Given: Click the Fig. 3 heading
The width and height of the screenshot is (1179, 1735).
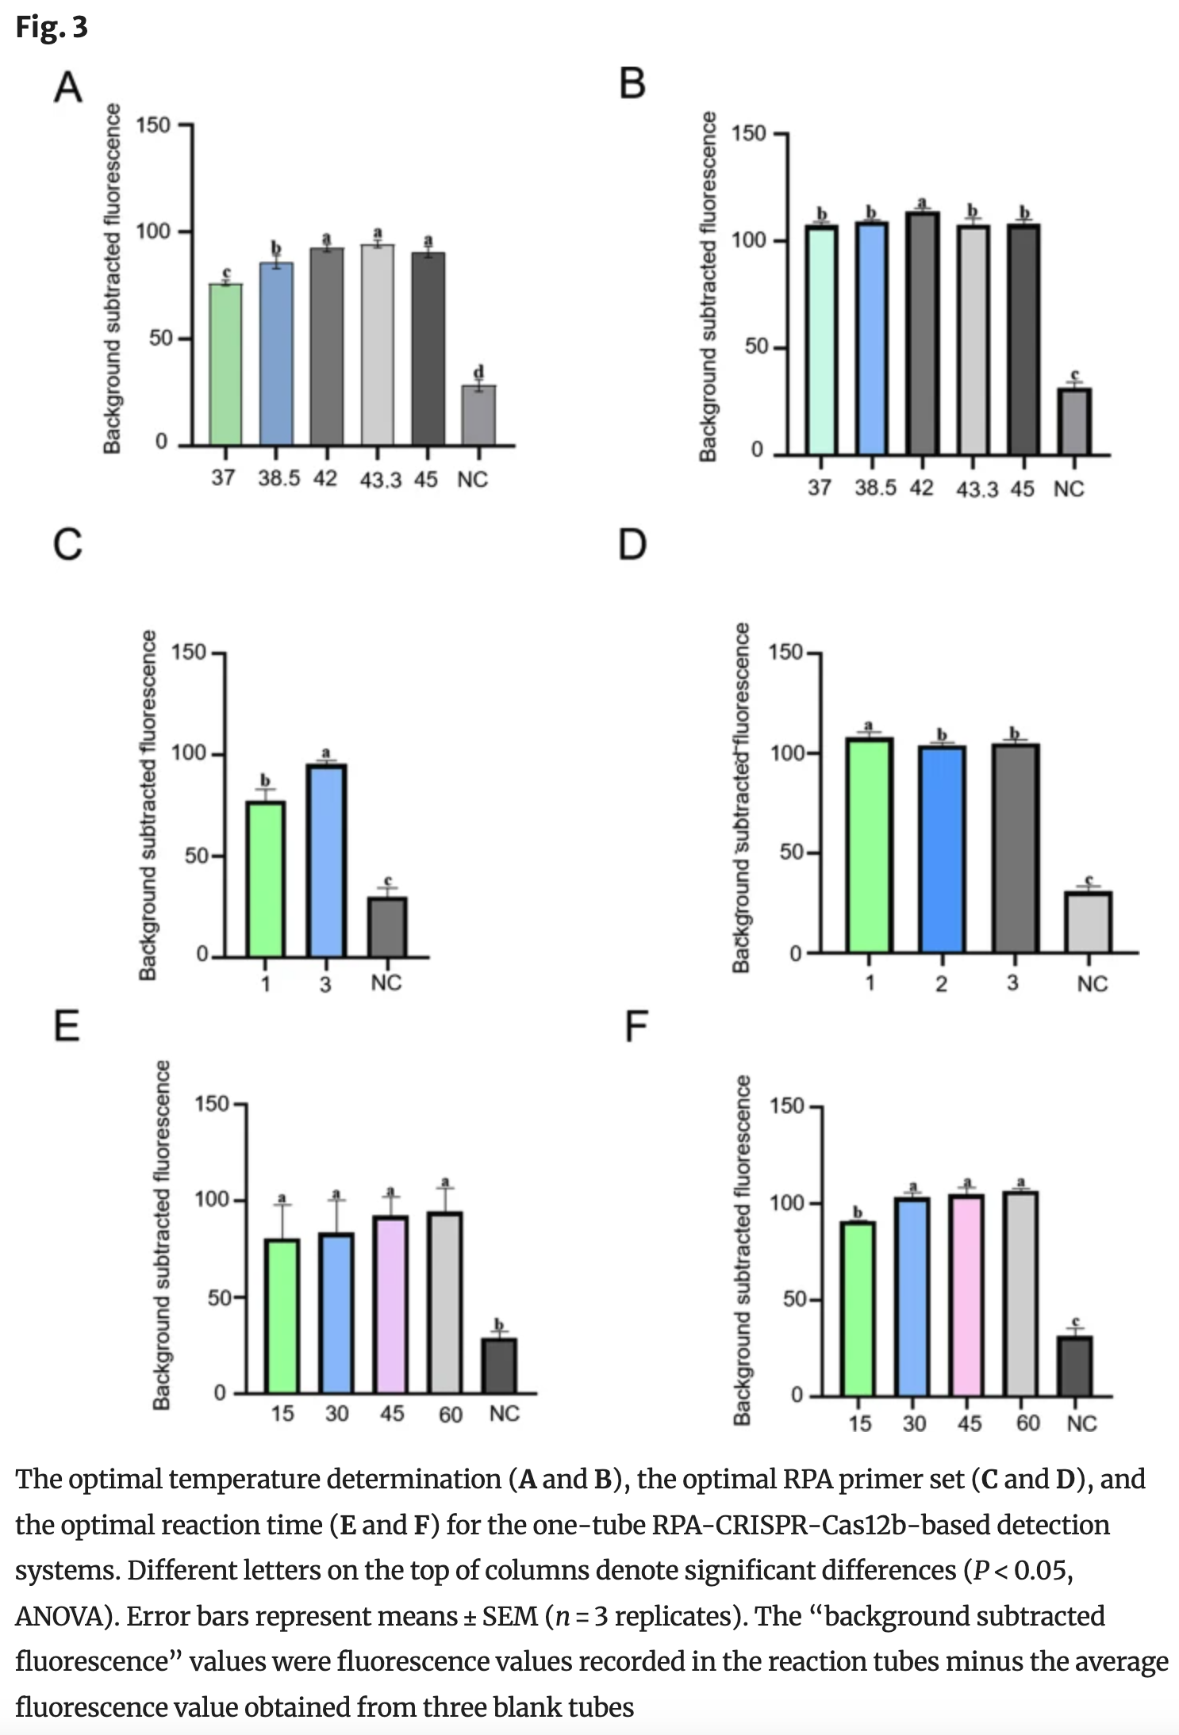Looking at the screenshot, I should point(52,27).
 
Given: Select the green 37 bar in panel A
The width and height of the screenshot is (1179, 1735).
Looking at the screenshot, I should point(226,365).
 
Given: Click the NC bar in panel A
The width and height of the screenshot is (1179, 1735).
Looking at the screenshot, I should point(479,416).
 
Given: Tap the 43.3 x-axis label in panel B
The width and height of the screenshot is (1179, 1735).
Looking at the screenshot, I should point(977,489).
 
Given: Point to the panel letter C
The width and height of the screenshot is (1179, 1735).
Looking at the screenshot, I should point(67,546).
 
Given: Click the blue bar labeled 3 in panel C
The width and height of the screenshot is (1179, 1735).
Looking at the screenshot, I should point(326,860).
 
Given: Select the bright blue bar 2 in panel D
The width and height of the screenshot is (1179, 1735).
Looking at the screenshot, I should point(942,848).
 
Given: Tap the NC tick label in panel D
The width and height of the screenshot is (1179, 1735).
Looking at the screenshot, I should point(1092,984).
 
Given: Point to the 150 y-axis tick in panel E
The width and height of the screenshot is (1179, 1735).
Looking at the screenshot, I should point(211,1104).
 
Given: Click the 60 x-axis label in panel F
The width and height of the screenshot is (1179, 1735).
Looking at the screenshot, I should point(1027,1423).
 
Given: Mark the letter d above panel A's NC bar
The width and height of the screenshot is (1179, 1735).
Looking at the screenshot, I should point(478,372).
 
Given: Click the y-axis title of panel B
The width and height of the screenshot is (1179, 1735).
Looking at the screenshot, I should point(708,286).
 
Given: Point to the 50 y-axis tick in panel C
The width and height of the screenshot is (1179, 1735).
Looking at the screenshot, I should point(196,856).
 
